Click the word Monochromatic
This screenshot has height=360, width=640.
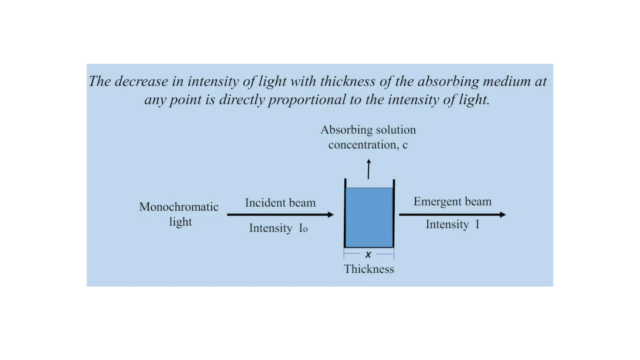click(x=179, y=207)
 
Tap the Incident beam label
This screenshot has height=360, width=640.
click(x=280, y=203)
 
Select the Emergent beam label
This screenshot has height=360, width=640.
click(x=452, y=202)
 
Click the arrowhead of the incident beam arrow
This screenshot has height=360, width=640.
click(x=331, y=215)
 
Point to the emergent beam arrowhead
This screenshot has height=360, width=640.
click(x=502, y=215)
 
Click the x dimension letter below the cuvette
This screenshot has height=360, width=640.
click(x=368, y=255)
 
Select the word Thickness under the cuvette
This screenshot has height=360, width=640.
click(x=369, y=269)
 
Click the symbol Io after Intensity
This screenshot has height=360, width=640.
click(x=303, y=228)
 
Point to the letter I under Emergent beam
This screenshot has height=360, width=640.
click(x=477, y=224)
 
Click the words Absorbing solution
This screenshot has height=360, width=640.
click(x=368, y=130)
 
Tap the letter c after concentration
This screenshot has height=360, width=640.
click(x=405, y=145)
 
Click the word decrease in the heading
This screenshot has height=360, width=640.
click(x=141, y=81)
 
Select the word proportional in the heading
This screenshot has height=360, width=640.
click(x=307, y=100)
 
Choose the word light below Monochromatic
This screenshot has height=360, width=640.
click(x=180, y=222)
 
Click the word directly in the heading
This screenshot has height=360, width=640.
click(x=242, y=100)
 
